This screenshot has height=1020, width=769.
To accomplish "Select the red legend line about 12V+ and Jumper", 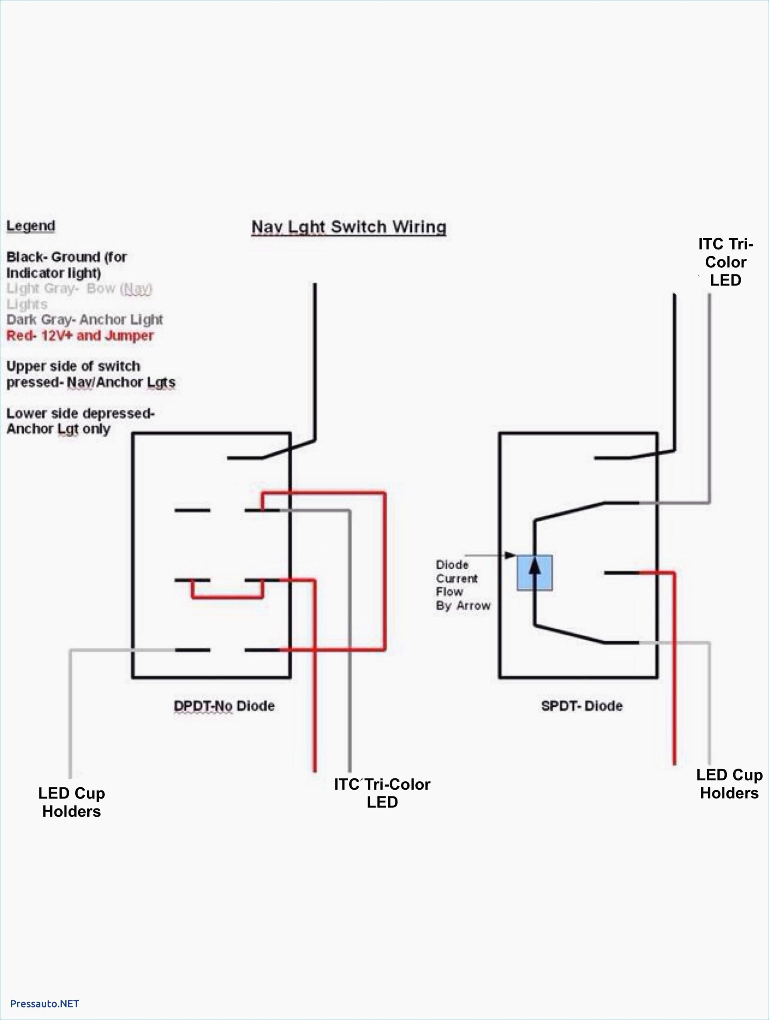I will pyautogui.click(x=80, y=335).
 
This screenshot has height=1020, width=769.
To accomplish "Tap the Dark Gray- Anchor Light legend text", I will pyautogui.click(x=84, y=319).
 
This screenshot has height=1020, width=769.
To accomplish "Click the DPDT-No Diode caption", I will pyautogui.click(x=224, y=706).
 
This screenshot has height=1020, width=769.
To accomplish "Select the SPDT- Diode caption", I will pyautogui.click(x=581, y=706).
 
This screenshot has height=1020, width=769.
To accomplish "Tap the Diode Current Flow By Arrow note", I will pyautogui.click(x=462, y=585).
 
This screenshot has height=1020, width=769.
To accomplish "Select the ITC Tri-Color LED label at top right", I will pyautogui.click(x=725, y=262).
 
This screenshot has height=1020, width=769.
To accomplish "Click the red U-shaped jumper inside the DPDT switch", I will pyautogui.click(x=227, y=597).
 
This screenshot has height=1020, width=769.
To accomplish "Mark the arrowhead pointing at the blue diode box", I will pyautogui.click(x=510, y=555).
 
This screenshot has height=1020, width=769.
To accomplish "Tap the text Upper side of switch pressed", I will pyautogui.click(x=90, y=374).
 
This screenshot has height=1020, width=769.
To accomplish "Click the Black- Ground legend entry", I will pyautogui.click(x=67, y=264).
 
